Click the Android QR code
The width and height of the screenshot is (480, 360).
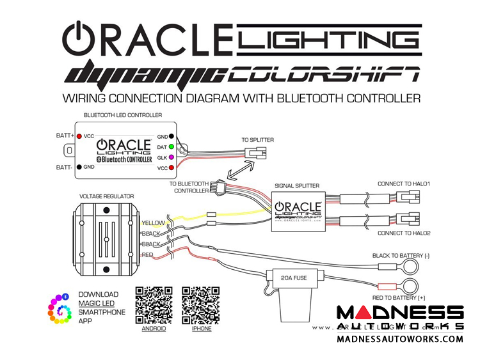click(154, 304)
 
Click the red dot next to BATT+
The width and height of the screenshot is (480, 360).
click(79, 136)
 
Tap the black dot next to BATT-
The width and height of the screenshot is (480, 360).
click(79, 166)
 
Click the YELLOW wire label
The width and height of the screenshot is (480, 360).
click(154, 223)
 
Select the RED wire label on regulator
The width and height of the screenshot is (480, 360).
click(148, 254)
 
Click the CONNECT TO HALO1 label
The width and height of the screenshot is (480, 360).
click(404, 184)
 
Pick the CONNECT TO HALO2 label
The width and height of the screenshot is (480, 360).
click(404, 233)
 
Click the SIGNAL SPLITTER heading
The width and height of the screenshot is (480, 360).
click(297, 185)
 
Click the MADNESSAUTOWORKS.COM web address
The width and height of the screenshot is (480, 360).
click(400, 339)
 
